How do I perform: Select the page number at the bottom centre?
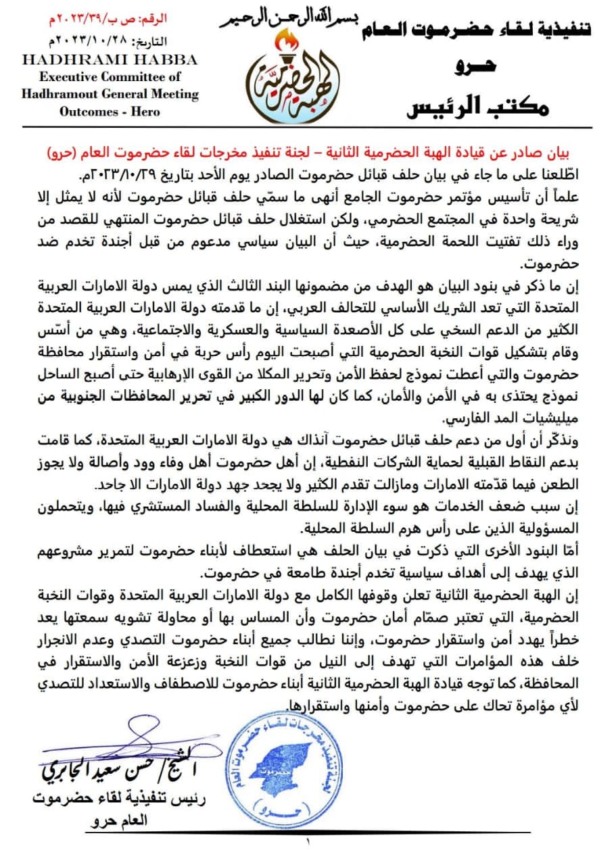[308, 842]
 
